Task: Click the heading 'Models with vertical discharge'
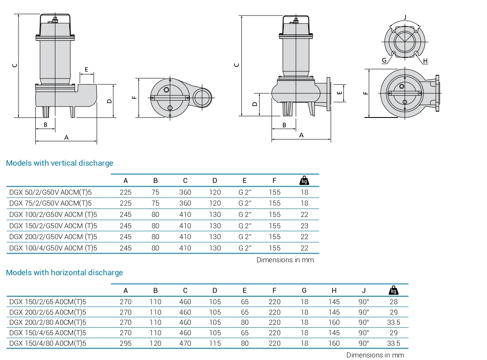(60, 163)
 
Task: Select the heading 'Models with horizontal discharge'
(64, 273)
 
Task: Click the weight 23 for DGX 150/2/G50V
(304, 226)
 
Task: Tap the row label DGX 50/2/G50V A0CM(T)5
(50, 192)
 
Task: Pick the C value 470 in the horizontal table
(185, 343)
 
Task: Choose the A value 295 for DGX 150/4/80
(126, 343)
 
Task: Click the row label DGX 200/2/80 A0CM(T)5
(47, 323)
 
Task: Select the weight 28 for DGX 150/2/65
(393, 302)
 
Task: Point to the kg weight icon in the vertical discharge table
(304, 180)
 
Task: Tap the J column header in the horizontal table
(364, 290)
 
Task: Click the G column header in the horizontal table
(304, 290)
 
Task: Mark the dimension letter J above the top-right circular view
(405, 17)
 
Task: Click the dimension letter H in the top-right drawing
(425, 61)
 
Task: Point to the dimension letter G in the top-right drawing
(384, 60)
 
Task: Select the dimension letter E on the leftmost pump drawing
(86, 69)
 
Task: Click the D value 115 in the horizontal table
(215, 343)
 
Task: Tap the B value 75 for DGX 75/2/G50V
(155, 203)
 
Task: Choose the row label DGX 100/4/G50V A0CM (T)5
(53, 248)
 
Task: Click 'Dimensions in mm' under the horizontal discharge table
(375, 355)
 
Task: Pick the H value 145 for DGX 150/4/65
(334, 333)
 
